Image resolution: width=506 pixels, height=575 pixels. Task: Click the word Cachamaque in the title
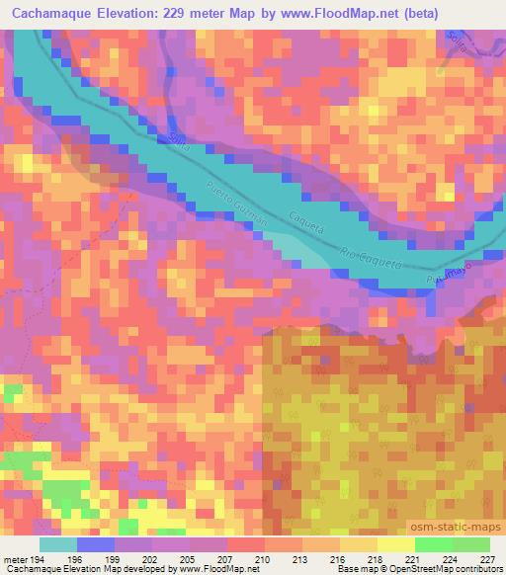[x=55, y=12]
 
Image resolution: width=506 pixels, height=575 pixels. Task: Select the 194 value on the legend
[x=35, y=560]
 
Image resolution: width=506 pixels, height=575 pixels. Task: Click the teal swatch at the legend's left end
[x=58, y=545]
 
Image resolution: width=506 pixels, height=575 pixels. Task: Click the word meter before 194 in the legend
[x=14, y=560]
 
